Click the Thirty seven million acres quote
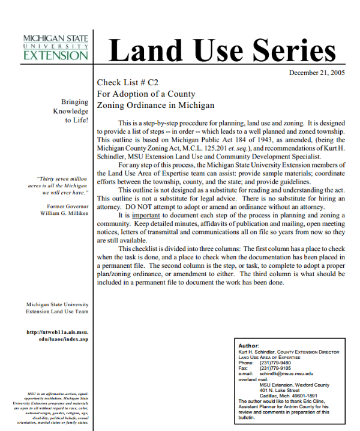(62, 186)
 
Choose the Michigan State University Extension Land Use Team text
(57, 308)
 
